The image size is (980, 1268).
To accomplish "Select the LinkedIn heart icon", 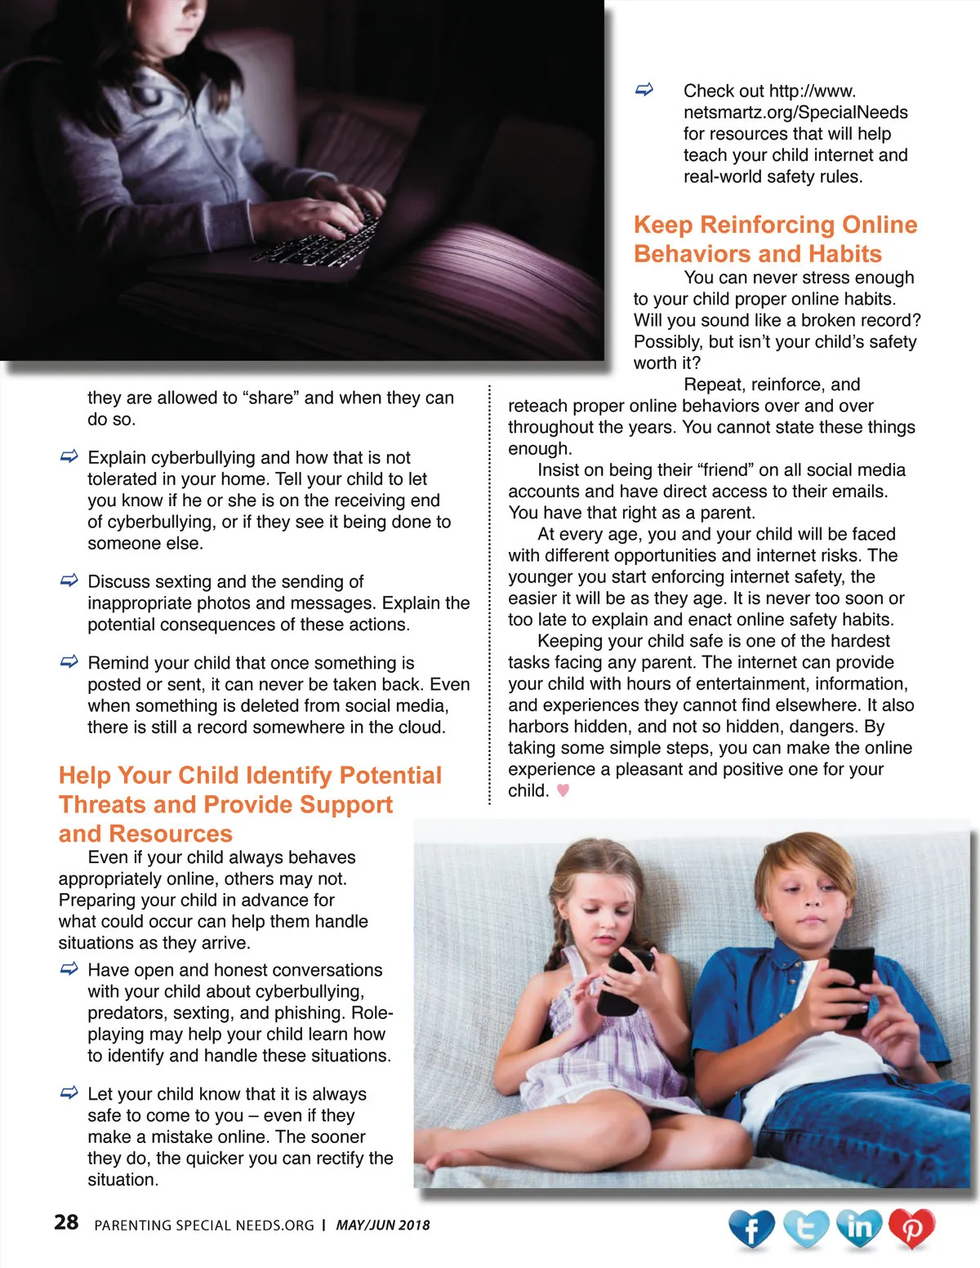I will (x=859, y=1227).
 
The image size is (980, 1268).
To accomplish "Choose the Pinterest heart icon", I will (x=911, y=1228).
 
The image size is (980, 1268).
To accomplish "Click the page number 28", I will (x=66, y=1222).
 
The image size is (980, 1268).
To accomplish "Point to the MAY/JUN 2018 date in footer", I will (x=383, y=1225).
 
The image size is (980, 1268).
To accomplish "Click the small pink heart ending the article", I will (x=563, y=790).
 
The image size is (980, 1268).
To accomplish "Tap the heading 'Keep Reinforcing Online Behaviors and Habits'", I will (x=775, y=239).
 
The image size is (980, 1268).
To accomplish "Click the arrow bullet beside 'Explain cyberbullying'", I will (x=69, y=456).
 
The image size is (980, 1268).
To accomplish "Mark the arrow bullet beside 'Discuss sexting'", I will (x=69, y=581).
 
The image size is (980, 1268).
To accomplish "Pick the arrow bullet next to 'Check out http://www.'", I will (x=644, y=90).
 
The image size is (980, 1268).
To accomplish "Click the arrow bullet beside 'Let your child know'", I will (x=69, y=1093).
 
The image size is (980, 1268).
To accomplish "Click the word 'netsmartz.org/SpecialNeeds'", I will (x=795, y=113).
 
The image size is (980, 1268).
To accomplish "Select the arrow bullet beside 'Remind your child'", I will (x=69, y=662).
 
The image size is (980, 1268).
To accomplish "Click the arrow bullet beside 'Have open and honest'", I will (x=69, y=969).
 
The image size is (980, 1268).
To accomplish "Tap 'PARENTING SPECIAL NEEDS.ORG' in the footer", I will (x=204, y=1225).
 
